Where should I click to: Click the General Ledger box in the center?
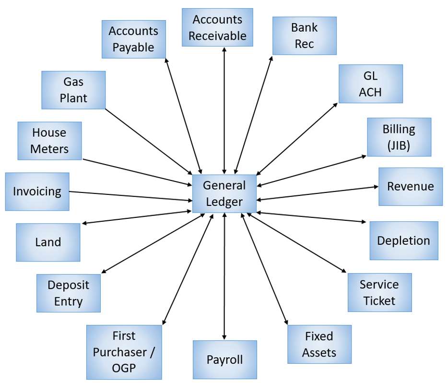click(x=224, y=193)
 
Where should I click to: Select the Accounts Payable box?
click(x=134, y=39)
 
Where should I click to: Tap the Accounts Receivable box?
click(x=217, y=27)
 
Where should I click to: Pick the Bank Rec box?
click(x=304, y=36)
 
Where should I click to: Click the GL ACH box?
click(x=370, y=84)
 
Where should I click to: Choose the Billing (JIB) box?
click(x=399, y=137)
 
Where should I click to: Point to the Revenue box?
click(x=410, y=187)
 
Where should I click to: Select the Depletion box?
click(x=403, y=240)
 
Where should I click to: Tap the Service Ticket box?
click(x=379, y=292)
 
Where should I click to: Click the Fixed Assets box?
click(x=319, y=344)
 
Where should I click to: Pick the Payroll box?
click(x=224, y=359)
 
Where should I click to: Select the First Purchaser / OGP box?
click(x=124, y=352)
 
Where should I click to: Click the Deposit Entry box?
click(x=69, y=293)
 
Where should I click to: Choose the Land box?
click(x=48, y=242)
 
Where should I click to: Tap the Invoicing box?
click(x=37, y=191)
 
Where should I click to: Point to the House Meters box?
click(x=49, y=141)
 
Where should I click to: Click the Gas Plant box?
click(x=73, y=90)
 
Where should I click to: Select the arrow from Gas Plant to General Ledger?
click(x=149, y=142)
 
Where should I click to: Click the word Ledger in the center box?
click(x=224, y=202)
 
